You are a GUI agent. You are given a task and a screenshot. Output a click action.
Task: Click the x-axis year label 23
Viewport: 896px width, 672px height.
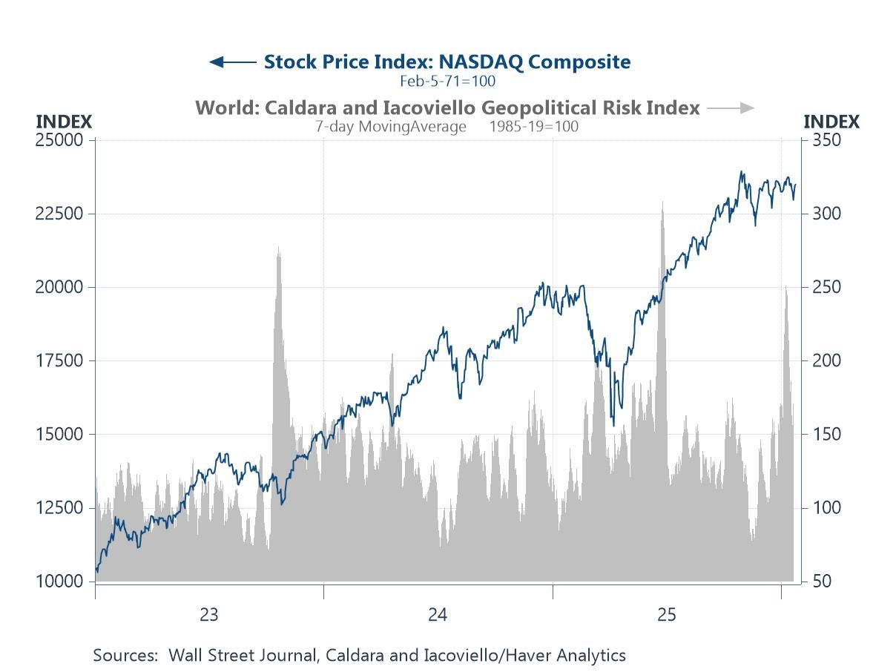coord(208,615)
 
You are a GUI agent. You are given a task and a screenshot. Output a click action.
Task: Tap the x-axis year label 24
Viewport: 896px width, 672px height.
coord(437,615)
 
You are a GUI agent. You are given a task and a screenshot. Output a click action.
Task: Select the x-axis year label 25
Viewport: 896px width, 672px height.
coord(666,615)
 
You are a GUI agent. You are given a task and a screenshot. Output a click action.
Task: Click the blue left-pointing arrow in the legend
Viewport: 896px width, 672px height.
coord(232,62)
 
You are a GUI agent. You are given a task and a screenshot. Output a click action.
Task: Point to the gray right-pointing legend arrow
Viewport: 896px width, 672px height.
coord(731,108)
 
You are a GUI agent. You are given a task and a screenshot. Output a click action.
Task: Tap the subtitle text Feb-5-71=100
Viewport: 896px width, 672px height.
coord(447,81)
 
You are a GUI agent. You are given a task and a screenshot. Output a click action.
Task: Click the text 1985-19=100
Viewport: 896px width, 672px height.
coord(533,126)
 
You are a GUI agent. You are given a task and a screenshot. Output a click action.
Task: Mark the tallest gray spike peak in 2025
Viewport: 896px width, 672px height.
coord(662,202)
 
